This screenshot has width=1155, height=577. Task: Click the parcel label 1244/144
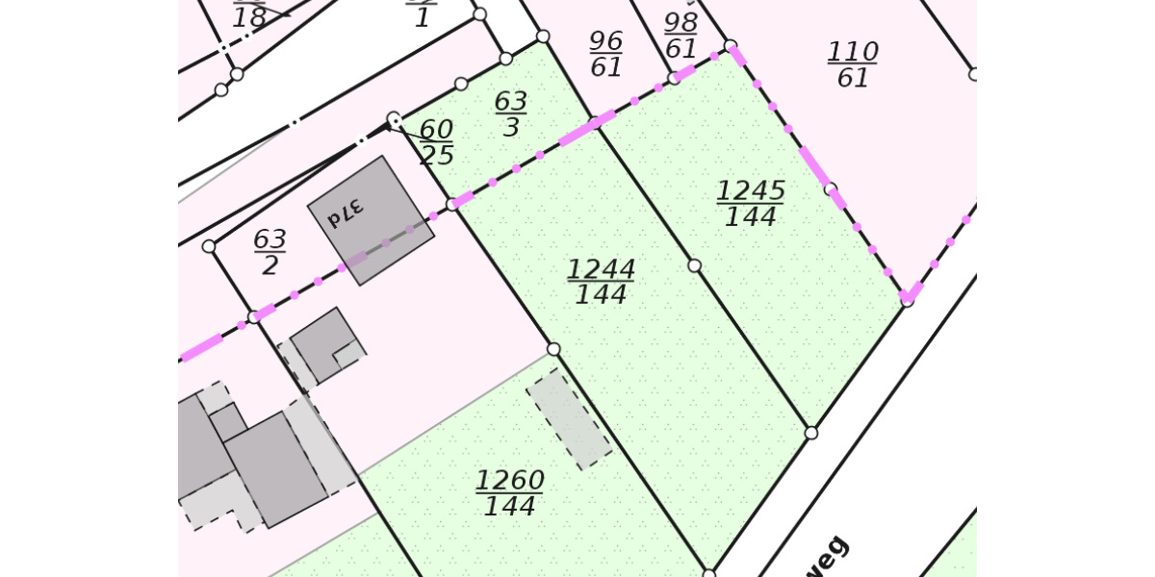click(602, 282)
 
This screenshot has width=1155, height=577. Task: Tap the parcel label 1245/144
click(751, 204)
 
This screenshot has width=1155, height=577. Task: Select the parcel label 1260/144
click(509, 493)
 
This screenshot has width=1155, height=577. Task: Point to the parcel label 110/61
click(853, 64)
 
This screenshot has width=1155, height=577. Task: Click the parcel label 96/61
click(605, 54)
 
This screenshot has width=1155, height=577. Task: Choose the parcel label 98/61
click(680, 36)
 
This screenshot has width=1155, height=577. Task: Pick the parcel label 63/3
click(511, 114)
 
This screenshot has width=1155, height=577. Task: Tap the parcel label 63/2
click(269, 252)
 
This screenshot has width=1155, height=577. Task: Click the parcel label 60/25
click(436, 142)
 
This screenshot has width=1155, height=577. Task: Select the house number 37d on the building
click(345, 212)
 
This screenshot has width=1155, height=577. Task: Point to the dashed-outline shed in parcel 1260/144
click(569, 419)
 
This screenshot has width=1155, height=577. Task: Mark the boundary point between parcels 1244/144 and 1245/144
click(694, 265)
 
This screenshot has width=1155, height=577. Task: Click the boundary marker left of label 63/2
click(209, 246)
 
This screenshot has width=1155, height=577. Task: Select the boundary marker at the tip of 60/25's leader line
click(394, 119)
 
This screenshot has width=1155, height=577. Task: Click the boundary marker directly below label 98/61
click(674, 78)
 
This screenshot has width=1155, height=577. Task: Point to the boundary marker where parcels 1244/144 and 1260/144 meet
click(553, 349)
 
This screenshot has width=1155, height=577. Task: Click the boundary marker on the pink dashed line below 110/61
click(831, 189)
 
